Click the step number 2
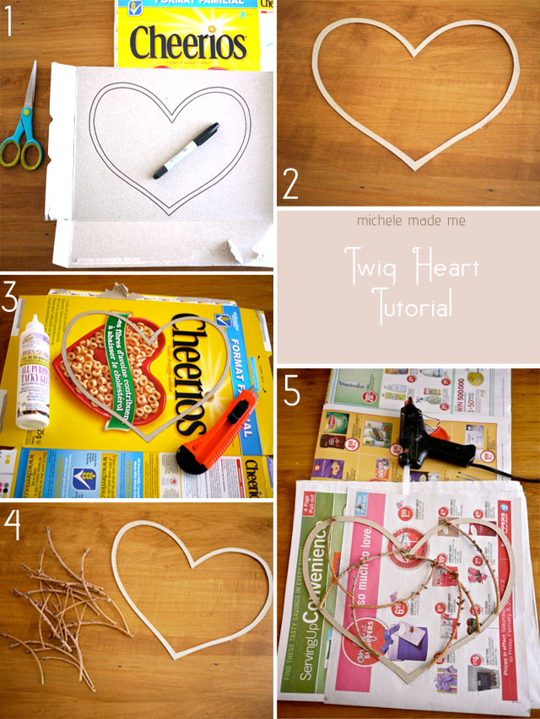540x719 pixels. [x=289, y=185]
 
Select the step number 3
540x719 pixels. [x=11, y=299]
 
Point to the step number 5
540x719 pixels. [x=291, y=393]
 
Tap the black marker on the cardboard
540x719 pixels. [x=186, y=151]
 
